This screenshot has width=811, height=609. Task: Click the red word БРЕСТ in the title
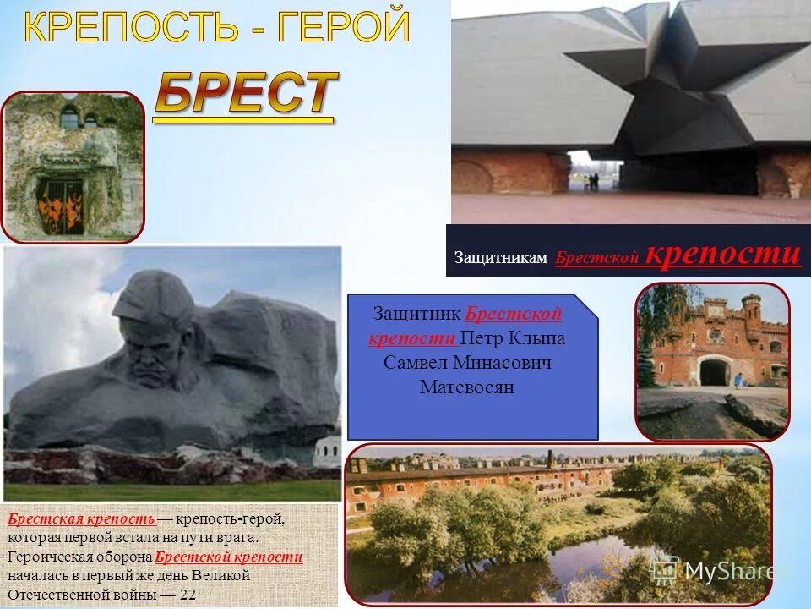click(245, 95)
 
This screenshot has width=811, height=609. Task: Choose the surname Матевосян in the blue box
click(467, 387)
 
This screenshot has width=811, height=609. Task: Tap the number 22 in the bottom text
click(188, 595)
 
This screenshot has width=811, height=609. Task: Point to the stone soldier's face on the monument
click(152, 355)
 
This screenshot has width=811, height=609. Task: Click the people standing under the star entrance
click(594, 180)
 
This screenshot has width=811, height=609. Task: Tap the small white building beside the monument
click(327, 453)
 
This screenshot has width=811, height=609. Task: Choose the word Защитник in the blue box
click(417, 314)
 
